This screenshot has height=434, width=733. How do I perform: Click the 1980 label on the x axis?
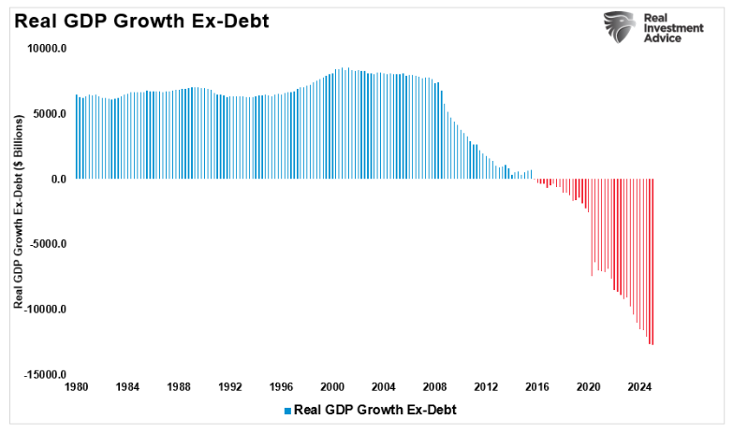pos(78,385)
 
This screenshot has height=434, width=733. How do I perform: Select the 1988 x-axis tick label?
pos(179,385)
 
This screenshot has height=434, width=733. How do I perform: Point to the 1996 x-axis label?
pos(281,385)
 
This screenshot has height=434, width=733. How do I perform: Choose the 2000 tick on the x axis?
pos(332,385)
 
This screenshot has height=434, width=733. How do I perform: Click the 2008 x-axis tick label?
pos(434,385)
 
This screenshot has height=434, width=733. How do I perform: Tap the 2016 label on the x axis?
pos(536,385)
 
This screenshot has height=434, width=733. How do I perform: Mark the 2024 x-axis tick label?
pos(638,385)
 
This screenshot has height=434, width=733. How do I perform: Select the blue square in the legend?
pos(288,410)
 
